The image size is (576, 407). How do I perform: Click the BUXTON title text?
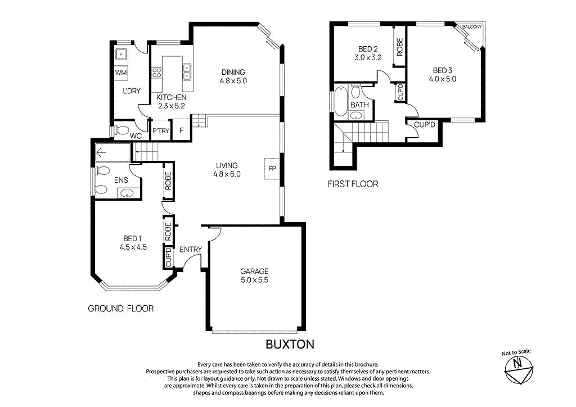290,344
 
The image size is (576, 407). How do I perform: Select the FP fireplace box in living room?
272,168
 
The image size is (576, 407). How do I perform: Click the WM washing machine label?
120,73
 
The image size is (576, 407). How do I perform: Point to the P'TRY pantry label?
161,131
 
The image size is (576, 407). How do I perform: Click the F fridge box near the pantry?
181,130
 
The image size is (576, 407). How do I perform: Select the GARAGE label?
255,271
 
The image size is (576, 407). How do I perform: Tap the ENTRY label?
190,249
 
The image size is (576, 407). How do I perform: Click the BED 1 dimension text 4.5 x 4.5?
133,246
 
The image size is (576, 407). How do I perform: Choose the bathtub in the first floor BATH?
341,101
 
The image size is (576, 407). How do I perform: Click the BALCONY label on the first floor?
471,26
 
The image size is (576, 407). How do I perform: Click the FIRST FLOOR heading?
353,184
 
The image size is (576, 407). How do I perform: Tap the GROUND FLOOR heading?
121,309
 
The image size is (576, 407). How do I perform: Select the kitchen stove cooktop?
157,73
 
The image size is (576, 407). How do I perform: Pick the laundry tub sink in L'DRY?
120,55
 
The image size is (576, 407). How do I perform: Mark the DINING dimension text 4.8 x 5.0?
233,81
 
